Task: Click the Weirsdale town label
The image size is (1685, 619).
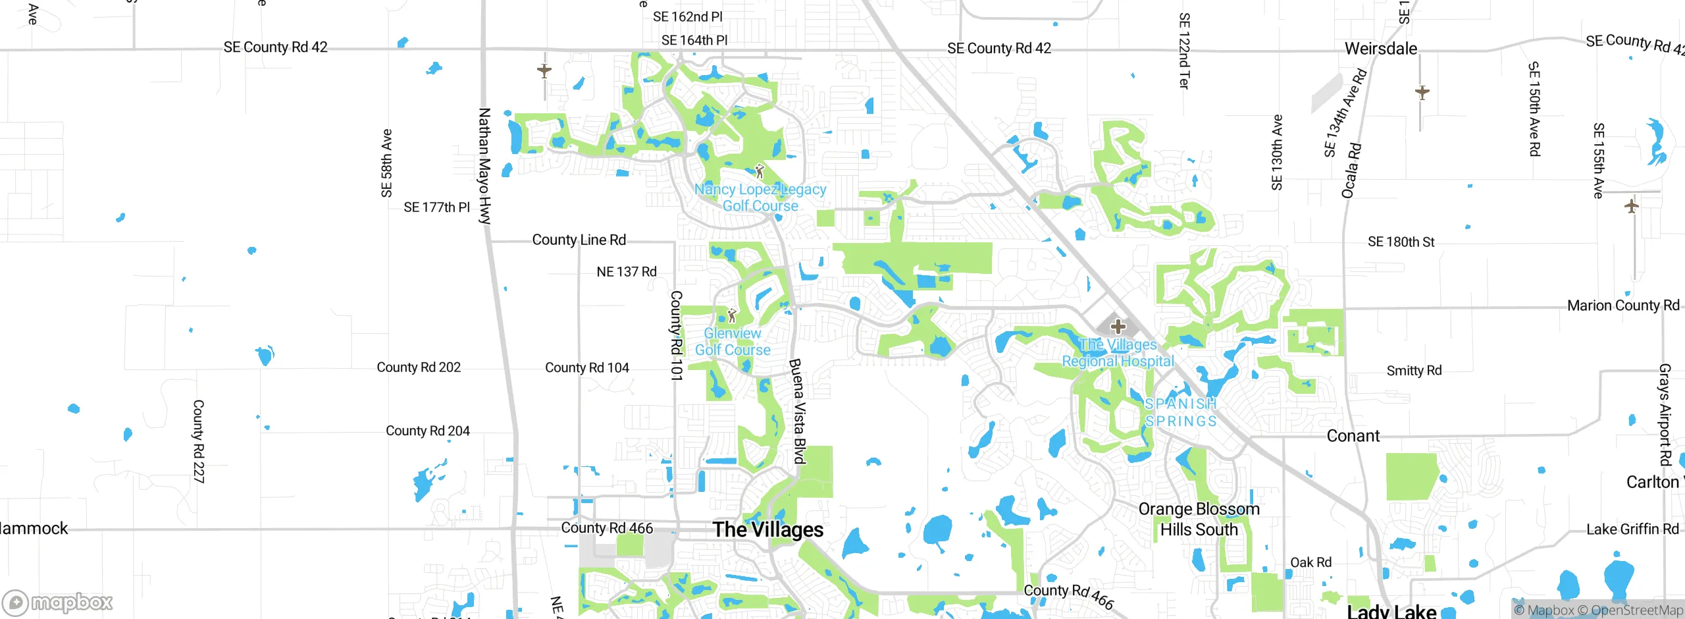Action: pyautogui.click(x=1380, y=49)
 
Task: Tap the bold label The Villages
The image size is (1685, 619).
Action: pyautogui.click(x=767, y=529)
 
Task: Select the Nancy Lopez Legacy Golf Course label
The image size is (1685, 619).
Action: pyautogui.click(x=760, y=198)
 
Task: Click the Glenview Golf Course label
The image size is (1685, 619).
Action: pyautogui.click(x=733, y=342)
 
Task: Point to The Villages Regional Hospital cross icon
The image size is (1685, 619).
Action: pyautogui.click(x=1118, y=326)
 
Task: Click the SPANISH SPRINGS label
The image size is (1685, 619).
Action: pyautogui.click(x=1181, y=412)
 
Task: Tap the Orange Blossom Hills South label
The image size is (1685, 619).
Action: pyautogui.click(x=1199, y=519)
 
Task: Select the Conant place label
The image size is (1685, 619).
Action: pyautogui.click(x=1353, y=436)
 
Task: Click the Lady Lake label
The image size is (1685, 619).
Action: pyautogui.click(x=1391, y=611)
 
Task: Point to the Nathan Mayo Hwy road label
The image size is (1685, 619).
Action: pyautogui.click(x=484, y=166)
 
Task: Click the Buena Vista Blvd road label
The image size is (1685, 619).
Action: pyautogui.click(x=798, y=412)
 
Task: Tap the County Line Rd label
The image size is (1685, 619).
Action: pyautogui.click(x=579, y=240)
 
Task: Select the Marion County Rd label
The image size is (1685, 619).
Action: pyautogui.click(x=1623, y=306)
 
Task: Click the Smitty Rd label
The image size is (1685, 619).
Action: pyautogui.click(x=1414, y=371)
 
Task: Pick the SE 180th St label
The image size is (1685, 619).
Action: pyautogui.click(x=1401, y=242)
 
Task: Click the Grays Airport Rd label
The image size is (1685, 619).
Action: pyautogui.click(x=1665, y=415)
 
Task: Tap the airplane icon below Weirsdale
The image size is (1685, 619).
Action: pyautogui.click(x=1422, y=92)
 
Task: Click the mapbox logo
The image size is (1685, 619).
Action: pyautogui.click(x=58, y=602)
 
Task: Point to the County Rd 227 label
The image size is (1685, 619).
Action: pyautogui.click(x=198, y=441)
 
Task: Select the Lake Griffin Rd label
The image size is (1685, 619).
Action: pyautogui.click(x=1632, y=529)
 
